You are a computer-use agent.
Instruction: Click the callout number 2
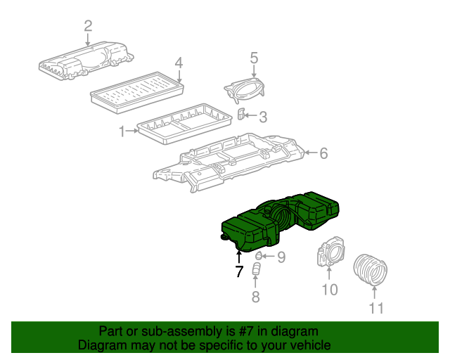(88, 27)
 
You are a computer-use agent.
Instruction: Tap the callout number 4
(179, 63)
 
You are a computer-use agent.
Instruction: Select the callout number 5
(254, 58)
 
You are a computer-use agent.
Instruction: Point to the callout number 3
(262, 117)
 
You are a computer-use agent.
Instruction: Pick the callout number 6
(323, 153)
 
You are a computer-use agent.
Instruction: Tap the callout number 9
(281, 257)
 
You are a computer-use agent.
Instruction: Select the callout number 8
(255, 297)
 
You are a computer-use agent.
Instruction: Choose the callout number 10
(329, 289)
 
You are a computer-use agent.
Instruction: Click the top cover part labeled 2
(88, 62)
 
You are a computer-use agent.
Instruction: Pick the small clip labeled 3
(241, 114)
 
